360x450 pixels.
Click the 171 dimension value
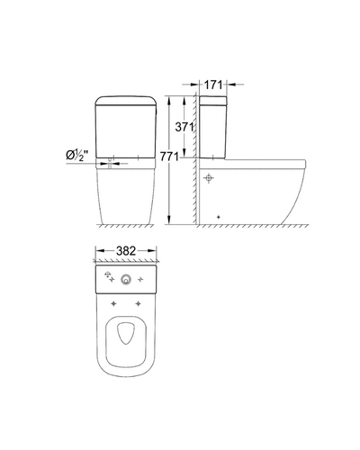click(213, 85)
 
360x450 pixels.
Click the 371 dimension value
click(184, 127)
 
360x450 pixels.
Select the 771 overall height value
click(169, 157)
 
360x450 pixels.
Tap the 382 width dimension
click(126, 251)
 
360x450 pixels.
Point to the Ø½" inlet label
click(77, 156)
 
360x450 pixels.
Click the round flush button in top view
click(126, 280)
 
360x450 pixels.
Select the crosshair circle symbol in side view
click(209, 178)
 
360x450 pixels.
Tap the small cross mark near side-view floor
click(219, 217)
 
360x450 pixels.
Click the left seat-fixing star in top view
click(113, 304)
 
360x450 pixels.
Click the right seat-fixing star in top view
click(138, 304)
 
